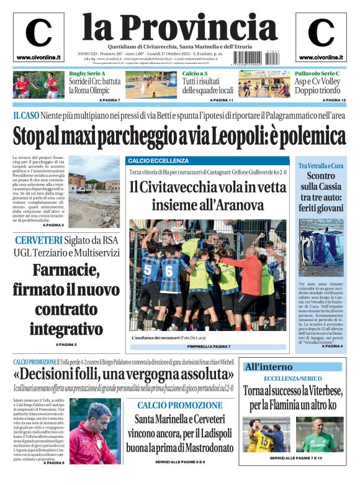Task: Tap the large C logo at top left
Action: (38, 34)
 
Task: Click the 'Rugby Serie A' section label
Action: (88, 74)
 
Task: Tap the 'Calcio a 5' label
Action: (196, 74)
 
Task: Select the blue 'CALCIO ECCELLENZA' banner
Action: (150, 160)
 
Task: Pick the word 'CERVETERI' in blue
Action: (38, 240)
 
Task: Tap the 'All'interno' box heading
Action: (268, 366)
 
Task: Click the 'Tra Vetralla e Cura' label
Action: (320, 166)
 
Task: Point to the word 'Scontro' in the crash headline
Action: (320, 176)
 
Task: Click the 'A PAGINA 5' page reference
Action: (66, 344)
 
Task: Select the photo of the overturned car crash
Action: (321, 247)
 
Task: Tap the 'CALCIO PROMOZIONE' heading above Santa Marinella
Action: (180, 406)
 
